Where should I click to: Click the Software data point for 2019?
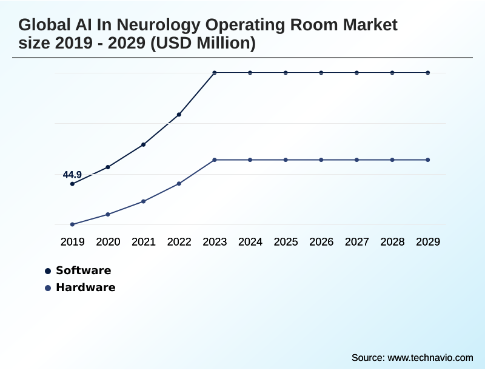point(73,184)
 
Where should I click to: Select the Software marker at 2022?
point(179,114)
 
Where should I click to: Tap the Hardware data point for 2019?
point(73,224)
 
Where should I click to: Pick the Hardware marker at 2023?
point(215,160)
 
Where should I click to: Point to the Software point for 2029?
point(428,73)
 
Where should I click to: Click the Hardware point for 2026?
point(321,160)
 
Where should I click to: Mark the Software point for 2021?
point(144,144)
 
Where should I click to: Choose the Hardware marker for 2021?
point(144,201)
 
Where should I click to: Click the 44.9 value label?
point(72,175)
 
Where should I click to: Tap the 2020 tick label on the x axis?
point(108,242)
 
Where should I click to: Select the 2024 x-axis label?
point(250,242)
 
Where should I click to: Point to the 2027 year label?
point(357,242)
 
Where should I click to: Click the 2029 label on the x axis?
point(428,242)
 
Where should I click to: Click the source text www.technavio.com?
point(430,357)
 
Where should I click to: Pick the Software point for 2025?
point(286,73)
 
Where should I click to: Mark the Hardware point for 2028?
point(392,160)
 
